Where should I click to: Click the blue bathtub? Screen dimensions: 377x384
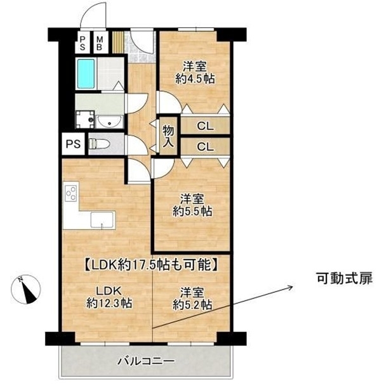click(86, 74)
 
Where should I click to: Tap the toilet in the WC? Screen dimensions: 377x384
click(98, 144)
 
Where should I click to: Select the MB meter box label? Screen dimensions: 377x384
click(100, 43)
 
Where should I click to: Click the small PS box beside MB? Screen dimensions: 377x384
click(83, 43)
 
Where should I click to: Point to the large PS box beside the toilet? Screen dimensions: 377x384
click(73, 144)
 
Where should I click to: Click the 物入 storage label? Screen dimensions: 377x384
click(169, 136)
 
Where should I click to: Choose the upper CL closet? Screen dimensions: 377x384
click(206, 126)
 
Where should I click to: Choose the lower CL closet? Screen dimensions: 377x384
click(206, 147)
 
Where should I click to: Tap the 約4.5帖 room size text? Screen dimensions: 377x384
click(195, 79)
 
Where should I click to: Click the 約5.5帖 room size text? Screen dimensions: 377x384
click(192, 211)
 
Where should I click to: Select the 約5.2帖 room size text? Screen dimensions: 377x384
click(192, 305)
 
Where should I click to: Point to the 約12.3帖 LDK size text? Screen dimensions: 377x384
click(109, 304)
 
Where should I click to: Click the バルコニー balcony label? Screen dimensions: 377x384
click(147, 361)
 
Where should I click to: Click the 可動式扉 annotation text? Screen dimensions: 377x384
click(345, 278)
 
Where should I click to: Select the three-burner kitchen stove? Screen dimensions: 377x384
click(71, 193)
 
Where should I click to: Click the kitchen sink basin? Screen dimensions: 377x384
click(102, 220)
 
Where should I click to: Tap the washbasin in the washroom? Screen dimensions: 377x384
click(109, 122)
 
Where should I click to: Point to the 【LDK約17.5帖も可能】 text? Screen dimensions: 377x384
click(151, 265)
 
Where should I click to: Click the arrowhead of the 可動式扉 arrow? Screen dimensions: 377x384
click(292, 287)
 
